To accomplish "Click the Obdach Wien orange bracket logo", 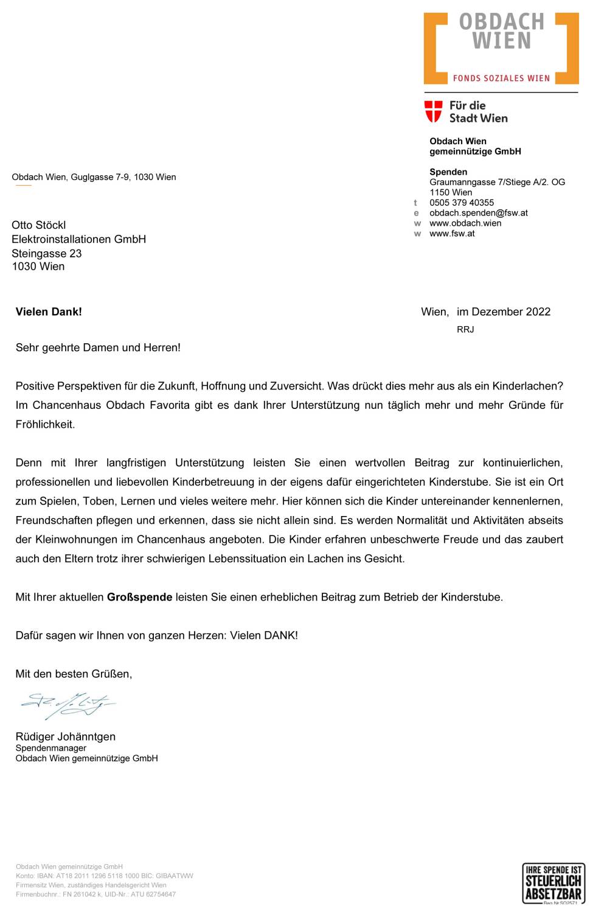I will pos(501,47).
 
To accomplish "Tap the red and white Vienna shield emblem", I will pos(433,111).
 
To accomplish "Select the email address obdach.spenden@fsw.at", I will pos(478,213).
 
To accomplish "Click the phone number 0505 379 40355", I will pos(462,203).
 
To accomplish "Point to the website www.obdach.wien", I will pos(465,223).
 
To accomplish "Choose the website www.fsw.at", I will pos(452,234).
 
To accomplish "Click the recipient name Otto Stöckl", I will pos(38,225).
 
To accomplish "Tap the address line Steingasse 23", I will pos(46,253).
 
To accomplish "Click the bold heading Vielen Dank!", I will pos(49,312).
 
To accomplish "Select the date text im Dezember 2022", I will pos(503,312).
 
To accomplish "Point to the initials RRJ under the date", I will pos(465,329).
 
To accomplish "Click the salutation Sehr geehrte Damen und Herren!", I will pos(98,347).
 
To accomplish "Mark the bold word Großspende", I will pos(139,597).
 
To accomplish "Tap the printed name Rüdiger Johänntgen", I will pos(65,736).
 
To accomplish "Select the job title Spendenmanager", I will pos(50,748).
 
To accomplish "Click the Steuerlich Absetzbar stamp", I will pos(554,882).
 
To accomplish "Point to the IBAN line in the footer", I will pos(104,876).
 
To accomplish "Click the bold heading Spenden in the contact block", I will pos(448,172).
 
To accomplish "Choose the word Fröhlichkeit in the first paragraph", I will pos(45,424).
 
